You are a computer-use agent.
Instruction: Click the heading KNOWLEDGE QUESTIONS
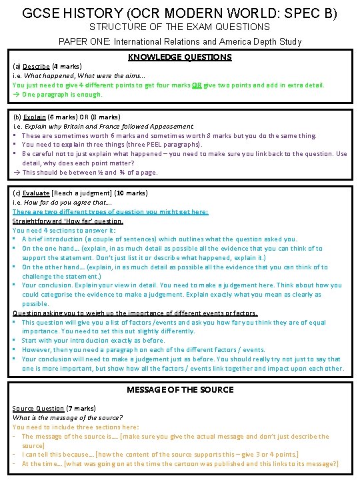(179, 57)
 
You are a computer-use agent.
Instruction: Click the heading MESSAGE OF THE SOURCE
(180, 389)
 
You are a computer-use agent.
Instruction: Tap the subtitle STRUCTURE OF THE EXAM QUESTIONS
(180, 27)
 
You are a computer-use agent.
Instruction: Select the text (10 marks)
(129, 193)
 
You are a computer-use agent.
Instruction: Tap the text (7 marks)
(82, 408)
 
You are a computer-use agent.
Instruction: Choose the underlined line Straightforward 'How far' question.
(68, 221)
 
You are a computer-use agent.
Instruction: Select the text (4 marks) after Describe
(65, 67)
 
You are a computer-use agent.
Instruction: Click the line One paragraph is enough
(61, 94)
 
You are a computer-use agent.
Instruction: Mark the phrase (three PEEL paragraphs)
(149, 145)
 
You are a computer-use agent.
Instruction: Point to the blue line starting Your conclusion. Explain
(180, 285)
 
